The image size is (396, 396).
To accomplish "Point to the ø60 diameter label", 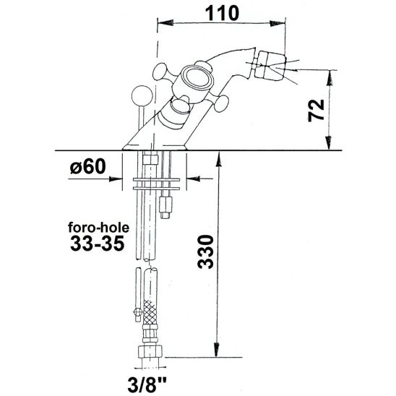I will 89,168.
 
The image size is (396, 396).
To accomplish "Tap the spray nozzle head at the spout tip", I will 267,63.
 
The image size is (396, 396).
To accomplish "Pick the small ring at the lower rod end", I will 137,311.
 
